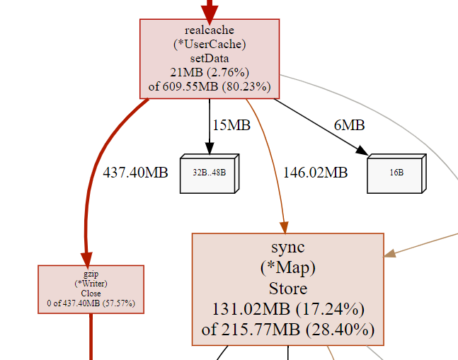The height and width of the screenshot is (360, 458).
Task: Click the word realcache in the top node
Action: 209,30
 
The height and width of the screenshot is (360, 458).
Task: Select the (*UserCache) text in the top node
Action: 209,44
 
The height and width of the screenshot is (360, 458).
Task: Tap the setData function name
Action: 209,58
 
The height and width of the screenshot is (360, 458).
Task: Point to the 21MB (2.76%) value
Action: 209,72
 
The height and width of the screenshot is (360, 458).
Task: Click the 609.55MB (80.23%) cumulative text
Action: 209,87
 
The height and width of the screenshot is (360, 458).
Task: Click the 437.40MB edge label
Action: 135,172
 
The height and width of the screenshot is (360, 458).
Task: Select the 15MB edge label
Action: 231,126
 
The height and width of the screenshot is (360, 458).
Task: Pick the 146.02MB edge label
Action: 315,172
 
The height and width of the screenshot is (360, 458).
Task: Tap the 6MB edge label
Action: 349,126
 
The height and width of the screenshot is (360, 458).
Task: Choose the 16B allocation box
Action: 396,172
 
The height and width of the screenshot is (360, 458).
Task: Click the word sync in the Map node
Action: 287,247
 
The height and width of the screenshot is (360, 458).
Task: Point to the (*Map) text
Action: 287,268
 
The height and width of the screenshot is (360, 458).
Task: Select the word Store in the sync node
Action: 287,289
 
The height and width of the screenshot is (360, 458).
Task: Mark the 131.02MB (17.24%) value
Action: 287,309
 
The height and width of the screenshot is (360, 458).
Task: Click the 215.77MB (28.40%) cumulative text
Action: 287,330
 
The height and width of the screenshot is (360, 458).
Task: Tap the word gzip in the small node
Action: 91,274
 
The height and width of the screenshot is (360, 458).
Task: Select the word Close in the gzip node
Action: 91,294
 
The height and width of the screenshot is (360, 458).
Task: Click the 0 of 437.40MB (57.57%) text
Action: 91,304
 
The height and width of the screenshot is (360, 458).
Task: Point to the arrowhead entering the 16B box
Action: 363,151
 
